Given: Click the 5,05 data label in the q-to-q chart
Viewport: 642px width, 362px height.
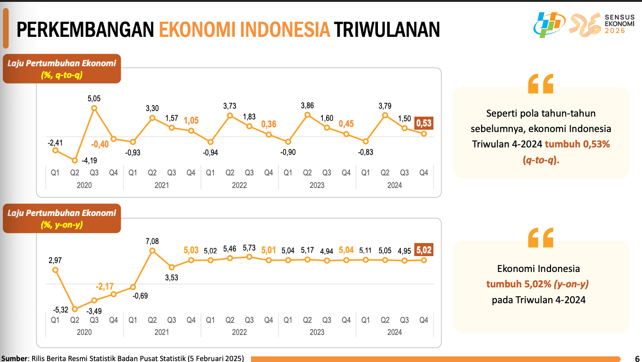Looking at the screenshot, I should coord(94,99).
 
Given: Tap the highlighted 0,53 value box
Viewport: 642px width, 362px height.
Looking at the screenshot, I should coord(424,123).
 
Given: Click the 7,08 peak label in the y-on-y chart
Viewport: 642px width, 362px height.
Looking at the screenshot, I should coord(152,241).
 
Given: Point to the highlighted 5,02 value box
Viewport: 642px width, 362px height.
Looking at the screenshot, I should coord(424,250).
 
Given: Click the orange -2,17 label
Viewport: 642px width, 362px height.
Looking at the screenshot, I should coord(105,285).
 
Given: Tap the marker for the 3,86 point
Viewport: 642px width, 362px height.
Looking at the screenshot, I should coord(307,115).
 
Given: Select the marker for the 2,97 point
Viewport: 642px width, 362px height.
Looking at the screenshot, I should coord(56,270).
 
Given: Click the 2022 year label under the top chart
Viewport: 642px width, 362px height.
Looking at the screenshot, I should coord(239,185).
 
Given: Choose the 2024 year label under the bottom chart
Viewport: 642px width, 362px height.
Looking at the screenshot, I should coord(395,332).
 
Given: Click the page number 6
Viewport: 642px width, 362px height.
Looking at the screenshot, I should coord(637,358).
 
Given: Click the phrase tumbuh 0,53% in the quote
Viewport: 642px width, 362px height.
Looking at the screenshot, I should coord(577,144).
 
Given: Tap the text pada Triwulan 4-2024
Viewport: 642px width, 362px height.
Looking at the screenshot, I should coord(538,299).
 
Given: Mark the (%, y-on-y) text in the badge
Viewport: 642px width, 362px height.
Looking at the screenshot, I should coord(62,224).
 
